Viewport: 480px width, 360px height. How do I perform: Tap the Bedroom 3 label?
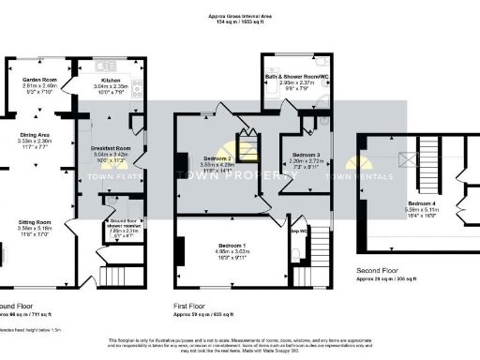[x=305, y=154]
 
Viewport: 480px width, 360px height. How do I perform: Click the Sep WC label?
[x=299, y=231]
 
